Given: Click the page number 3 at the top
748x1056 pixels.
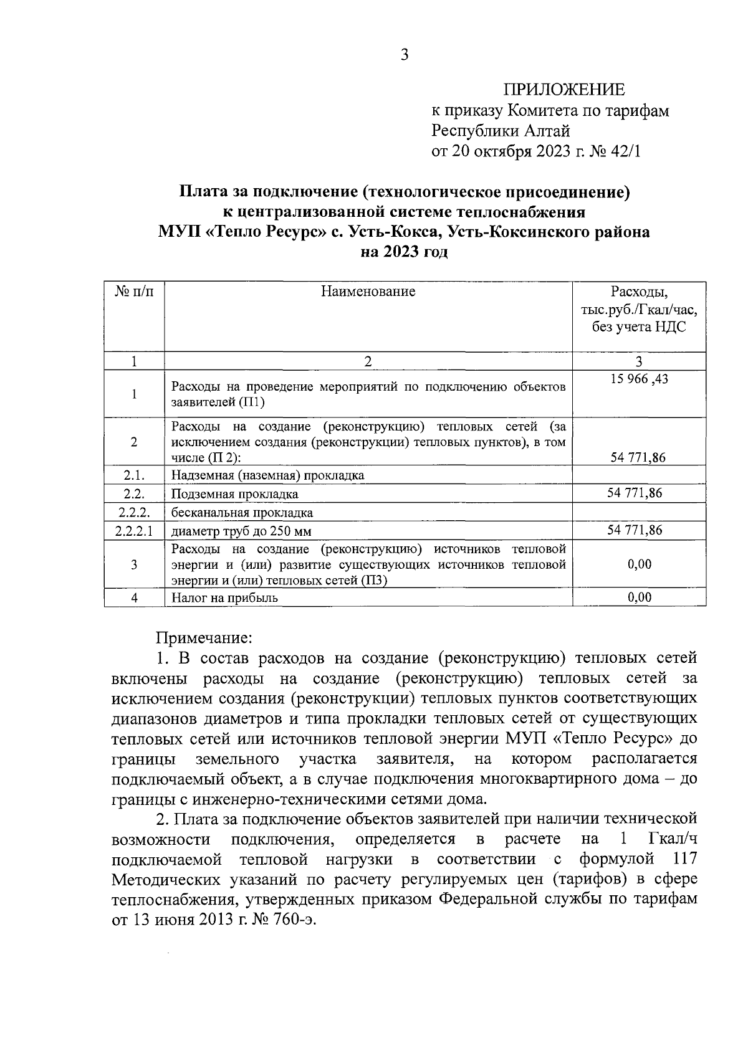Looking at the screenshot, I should point(404,55).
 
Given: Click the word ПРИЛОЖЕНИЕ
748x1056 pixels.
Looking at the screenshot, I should point(563,91).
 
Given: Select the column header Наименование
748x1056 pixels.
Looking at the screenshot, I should point(368,292).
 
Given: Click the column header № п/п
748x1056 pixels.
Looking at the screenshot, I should point(134,292).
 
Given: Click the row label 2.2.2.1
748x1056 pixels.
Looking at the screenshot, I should point(134,531).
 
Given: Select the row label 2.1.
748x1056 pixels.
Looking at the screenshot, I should point(134,475).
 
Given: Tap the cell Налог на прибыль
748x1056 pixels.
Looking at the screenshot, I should point(225,598).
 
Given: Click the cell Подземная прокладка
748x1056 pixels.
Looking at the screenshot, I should point(235,494).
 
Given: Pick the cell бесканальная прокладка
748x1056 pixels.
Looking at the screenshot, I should point(242,513).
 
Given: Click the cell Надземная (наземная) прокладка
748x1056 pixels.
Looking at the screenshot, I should point(268,475).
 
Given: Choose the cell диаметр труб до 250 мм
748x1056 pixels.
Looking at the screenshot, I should point(242,531).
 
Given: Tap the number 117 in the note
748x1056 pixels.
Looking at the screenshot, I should point(684,860).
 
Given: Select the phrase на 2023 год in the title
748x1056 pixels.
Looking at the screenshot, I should point(404,252).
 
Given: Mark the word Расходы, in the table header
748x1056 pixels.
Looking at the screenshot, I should point(639,292).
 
